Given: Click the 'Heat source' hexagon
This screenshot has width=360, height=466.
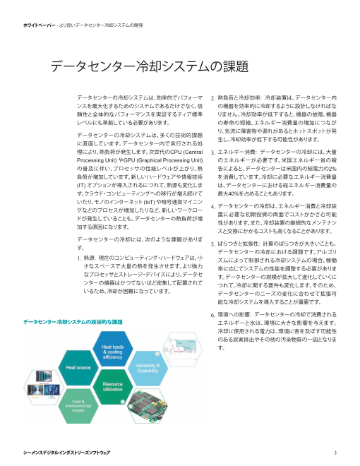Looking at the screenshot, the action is [78, 368].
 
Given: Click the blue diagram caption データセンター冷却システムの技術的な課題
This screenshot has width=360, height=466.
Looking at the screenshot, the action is [73, 322].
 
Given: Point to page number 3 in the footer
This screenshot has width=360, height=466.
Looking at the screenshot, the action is [335, 451].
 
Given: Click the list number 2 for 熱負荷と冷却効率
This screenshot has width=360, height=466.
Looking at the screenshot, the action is [213, 97].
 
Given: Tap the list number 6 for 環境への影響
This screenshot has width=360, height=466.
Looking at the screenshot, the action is [213, 313].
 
